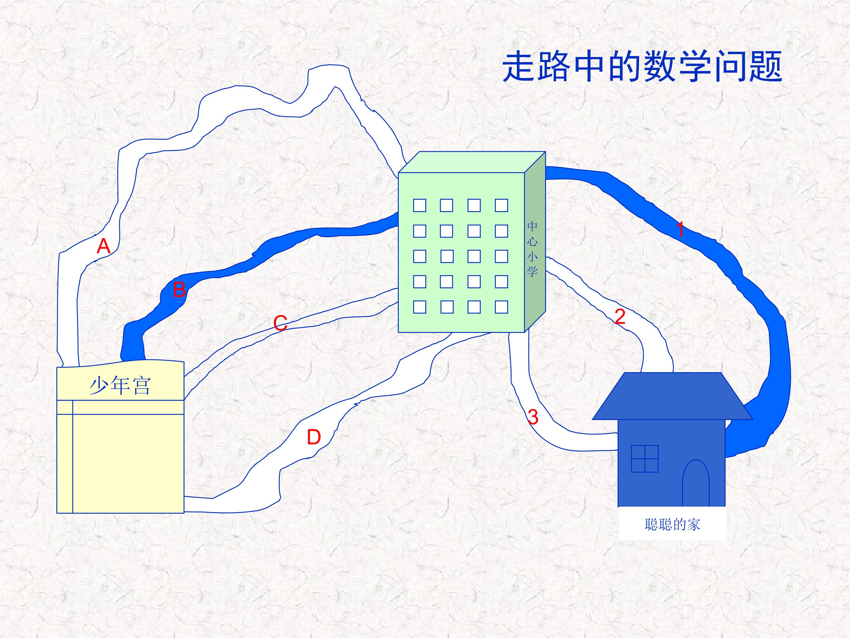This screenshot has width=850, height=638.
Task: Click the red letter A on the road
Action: click(x=103, y=246)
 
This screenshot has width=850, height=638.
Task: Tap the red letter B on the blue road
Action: click(x=179, y=289)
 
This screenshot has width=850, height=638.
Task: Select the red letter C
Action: click(x=280, y=323)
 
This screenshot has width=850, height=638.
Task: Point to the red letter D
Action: click(x=313, y=437)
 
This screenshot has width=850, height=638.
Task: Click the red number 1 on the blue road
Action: click(x=680, y=229)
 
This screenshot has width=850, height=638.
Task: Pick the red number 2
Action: click(x=620, y=317)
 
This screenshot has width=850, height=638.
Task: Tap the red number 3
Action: click(x=533, y=417)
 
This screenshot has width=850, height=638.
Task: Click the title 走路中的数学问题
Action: click(x=642, y=68)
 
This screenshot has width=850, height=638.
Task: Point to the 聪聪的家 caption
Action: click(x=672, y=525)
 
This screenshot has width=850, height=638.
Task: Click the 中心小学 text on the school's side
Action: click(x=532, y=249)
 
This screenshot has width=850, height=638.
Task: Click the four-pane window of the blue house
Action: click(x=645, y=459)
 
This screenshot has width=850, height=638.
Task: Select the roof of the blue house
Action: click(x=672, y=396)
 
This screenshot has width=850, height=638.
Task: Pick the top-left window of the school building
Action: click(x=420, y=205)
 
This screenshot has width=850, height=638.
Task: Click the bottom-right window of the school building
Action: click(x=501, y=307)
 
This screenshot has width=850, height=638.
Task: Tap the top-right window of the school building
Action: click(x=501, y=205)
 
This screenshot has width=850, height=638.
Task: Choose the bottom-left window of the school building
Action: click(x=420, y=307)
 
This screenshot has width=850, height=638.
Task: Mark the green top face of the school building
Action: click(x=472, y=162)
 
